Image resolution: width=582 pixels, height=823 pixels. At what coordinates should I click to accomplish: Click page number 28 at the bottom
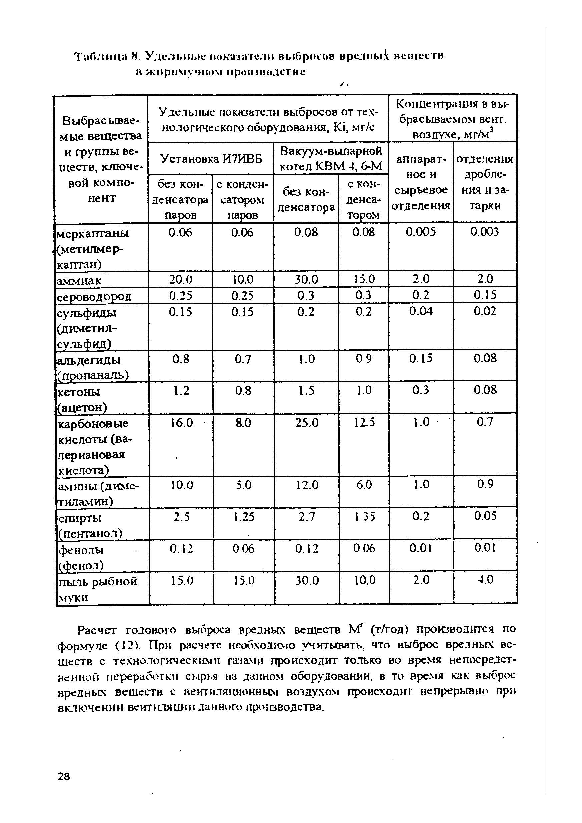click(x=64, y=776)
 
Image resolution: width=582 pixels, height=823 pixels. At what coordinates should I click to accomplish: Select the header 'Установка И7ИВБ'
click(x=211, y=158)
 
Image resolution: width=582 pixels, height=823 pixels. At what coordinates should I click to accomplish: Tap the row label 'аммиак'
click(x=79, y=280)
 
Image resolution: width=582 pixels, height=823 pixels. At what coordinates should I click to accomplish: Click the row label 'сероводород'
click(x=94, y=296)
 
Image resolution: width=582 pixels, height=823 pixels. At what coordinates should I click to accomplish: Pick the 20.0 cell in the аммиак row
click(x=181, y=279)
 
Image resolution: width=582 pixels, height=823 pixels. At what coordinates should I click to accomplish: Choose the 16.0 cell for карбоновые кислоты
click(x=181, y=423)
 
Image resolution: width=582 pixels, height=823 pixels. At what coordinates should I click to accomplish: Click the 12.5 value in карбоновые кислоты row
click(x=364, y=423)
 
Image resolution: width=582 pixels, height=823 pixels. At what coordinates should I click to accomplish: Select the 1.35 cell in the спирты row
click(x=364, y=516)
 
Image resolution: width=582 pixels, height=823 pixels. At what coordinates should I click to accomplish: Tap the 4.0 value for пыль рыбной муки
click(x=485, y=579)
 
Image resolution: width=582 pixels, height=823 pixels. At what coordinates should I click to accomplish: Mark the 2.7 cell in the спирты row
click(x=306, y=516)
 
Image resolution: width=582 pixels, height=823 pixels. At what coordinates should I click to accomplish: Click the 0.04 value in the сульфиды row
click(x=420, y=311)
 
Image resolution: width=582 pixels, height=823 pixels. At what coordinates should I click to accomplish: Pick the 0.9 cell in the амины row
click(x=485, y=484)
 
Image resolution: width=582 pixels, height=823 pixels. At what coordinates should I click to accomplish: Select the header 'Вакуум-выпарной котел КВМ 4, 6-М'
click(x=331, y=158)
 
